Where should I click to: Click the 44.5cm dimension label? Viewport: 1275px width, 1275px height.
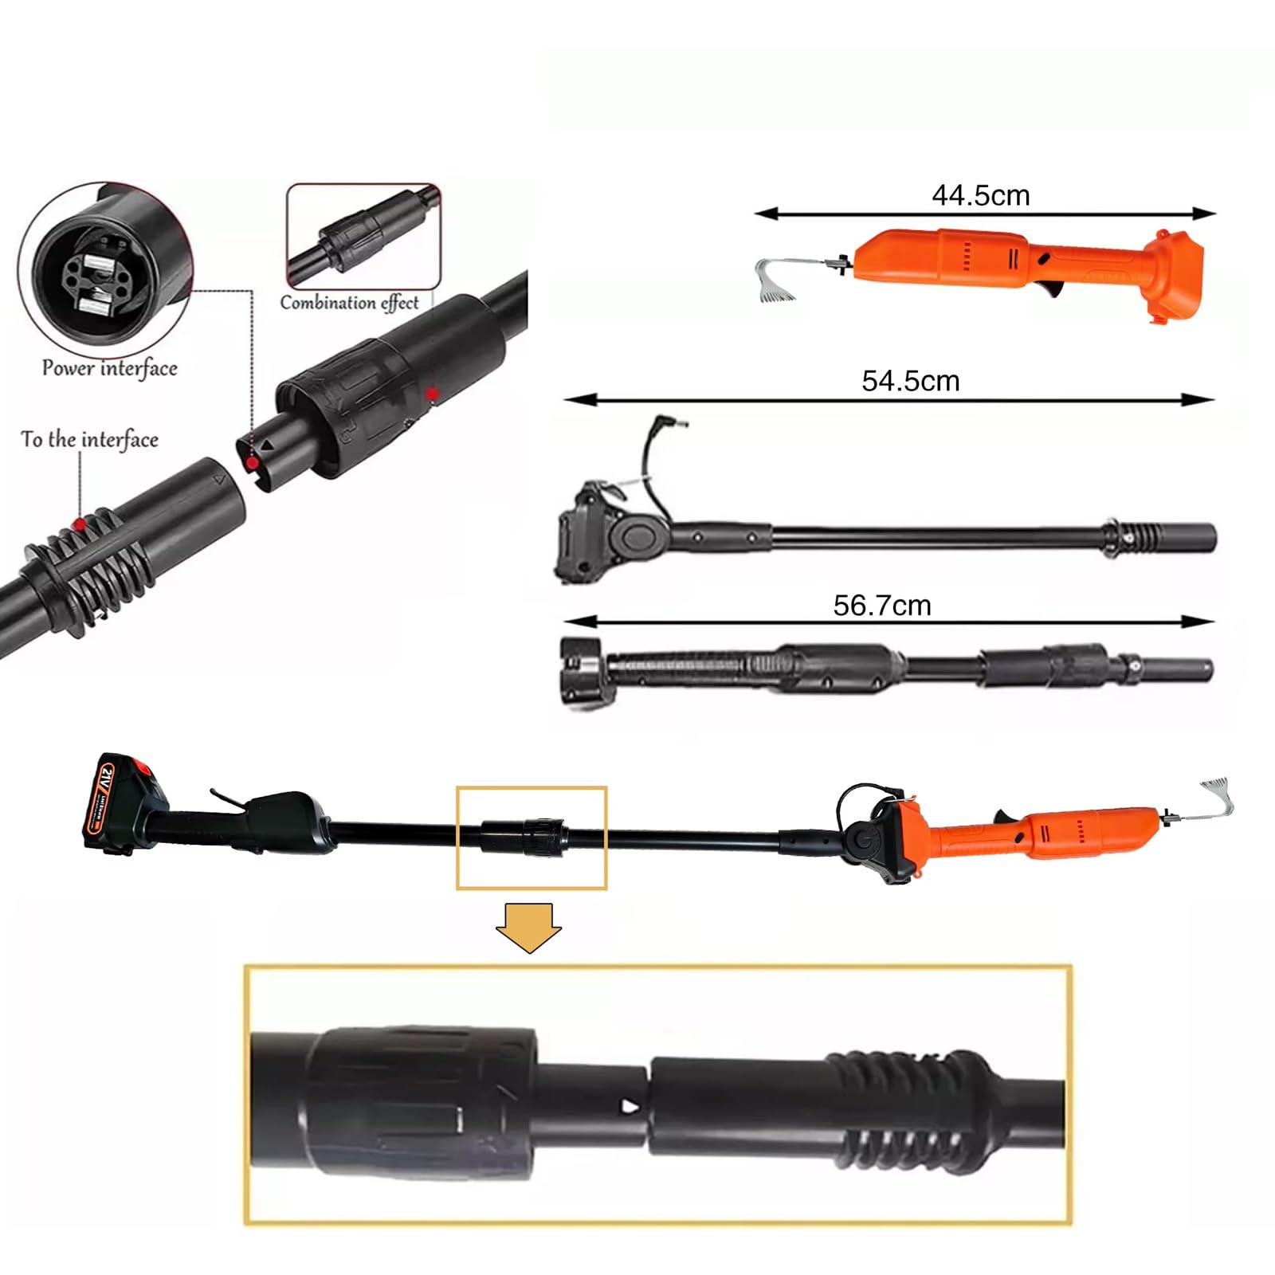[x=981, y=195]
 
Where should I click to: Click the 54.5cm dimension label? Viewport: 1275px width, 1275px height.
[x=910, y=381]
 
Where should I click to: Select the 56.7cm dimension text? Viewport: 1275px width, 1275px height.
[x=882, y=606]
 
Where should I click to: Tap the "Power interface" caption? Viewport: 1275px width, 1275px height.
[x=110, y=368]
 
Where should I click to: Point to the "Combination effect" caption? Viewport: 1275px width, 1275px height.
[x=349, y=303]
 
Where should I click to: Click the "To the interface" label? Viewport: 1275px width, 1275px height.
[x=89, y=439]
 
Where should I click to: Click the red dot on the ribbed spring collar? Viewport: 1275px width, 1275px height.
[x=80, y=524]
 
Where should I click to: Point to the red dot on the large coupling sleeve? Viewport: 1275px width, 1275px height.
[x=431, y=394]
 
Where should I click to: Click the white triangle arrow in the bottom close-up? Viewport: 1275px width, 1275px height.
[x=631, y=1105]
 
